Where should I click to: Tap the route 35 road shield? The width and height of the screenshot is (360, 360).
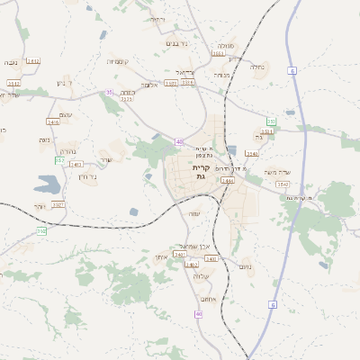pos(109,92)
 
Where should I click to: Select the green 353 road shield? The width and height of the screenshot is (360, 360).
pos(270,121)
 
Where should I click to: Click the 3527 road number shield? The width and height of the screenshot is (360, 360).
pos(58,205)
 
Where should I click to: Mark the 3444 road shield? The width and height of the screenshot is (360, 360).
pos(227,181)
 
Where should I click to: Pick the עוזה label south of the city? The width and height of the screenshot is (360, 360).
pos(194,213)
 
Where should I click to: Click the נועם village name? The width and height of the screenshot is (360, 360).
pos(246,267)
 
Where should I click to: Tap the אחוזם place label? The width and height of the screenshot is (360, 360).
pos(208,300)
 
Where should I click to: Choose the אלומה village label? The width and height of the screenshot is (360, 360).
pos(150,85)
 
